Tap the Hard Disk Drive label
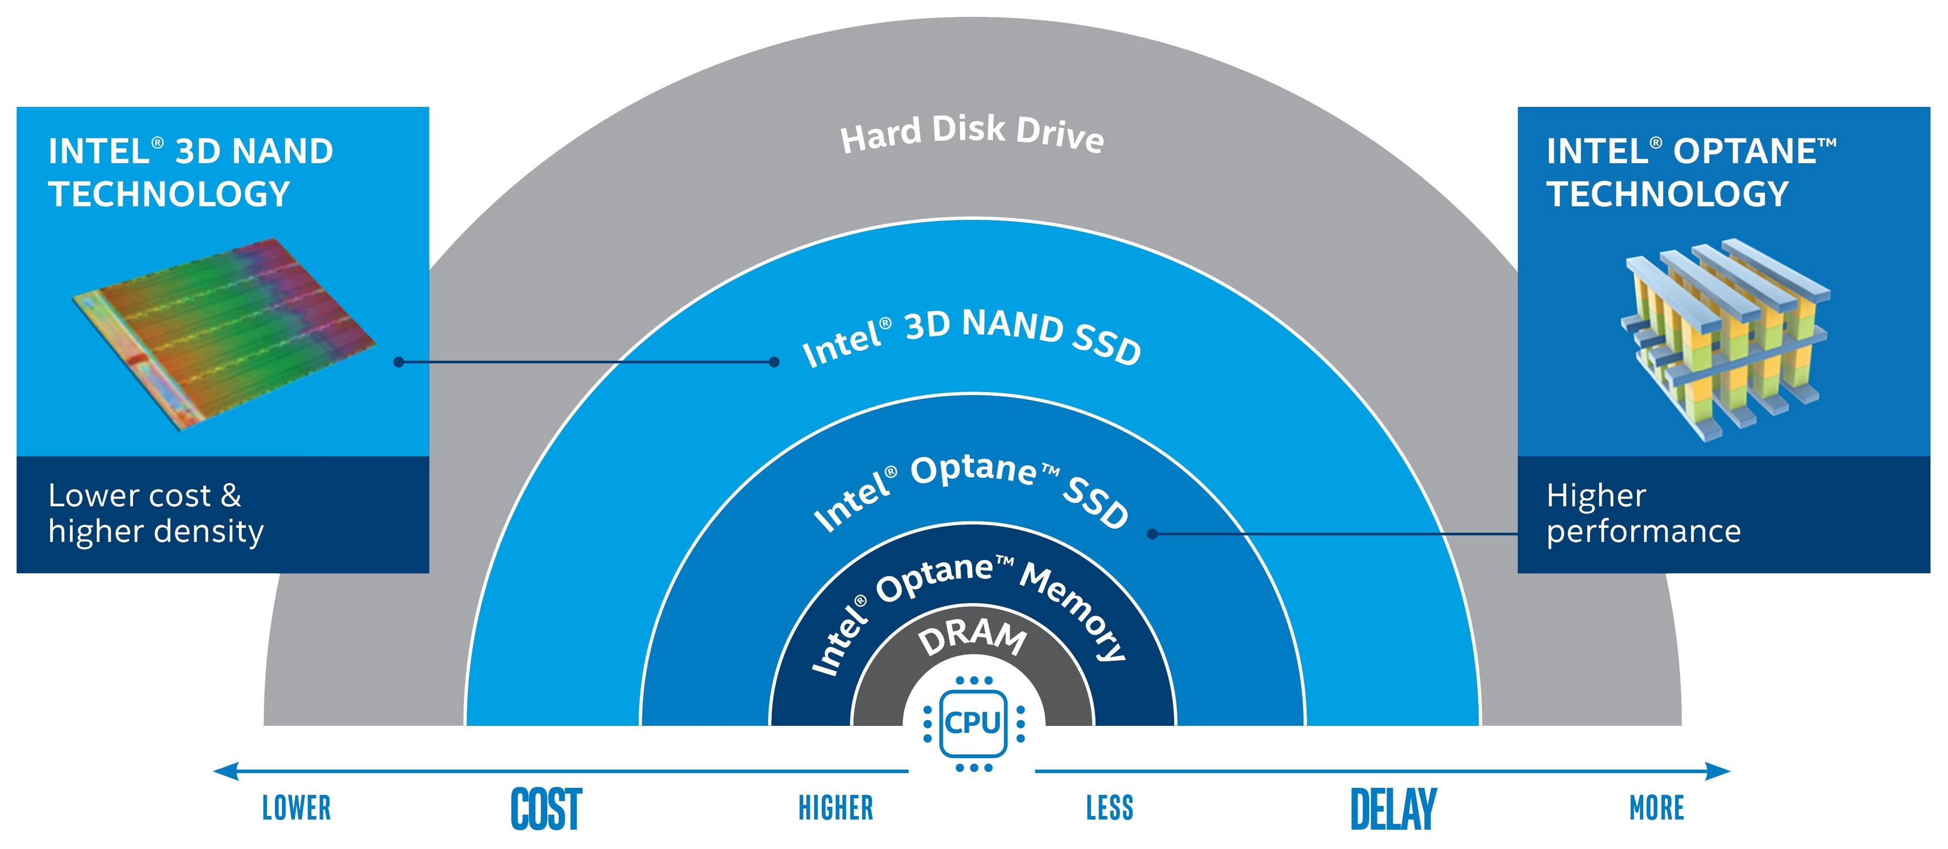[x=972, y=134]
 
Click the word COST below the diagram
[x=546, y=809]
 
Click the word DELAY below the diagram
[x=1393, y=809]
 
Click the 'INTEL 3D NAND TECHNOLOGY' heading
[x=191, y=172]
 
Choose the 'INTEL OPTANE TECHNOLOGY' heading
[x=1691, y=172]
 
